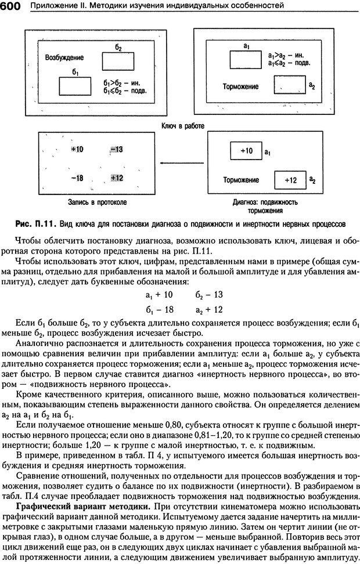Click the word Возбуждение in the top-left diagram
(x=64, y=58)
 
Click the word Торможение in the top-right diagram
(x=240, y=86)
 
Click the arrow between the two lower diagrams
(x=180, y=163)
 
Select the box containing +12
(x=290, y=180)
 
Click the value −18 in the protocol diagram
(x=76, y=179)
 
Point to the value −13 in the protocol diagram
(x=116, y=150)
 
